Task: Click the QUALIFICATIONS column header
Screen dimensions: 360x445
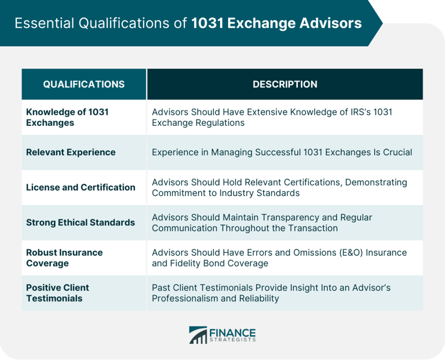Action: [83, 84]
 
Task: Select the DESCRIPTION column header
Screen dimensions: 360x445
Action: [284, 84]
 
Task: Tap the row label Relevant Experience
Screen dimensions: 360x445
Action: [71, 152]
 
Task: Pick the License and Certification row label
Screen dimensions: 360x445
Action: [81, 187]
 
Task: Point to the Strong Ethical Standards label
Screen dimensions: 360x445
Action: [81, 223]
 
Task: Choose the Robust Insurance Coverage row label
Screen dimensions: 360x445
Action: [64, 258]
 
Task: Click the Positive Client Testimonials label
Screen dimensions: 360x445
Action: [57, 293]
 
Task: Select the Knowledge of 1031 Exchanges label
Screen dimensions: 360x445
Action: [67, 117]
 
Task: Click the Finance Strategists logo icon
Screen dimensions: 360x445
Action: [198, 335]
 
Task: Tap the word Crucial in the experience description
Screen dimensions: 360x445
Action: [396, 152]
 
